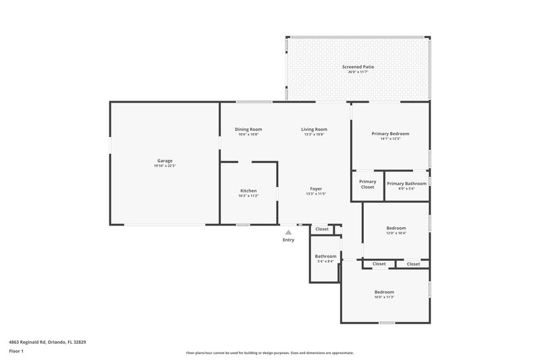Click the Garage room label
tap(165, 161)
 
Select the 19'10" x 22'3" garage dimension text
tap(165, 166)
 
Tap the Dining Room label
tap(248, 129)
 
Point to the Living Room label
tap(315, 129)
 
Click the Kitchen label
tap(248, 190)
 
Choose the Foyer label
tap(315, 188)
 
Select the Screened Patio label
tap(358, 67)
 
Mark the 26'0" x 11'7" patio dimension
tap(358, 72)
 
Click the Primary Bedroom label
tap(390, 134)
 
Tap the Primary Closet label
tap(367, 184)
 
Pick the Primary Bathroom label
tap(406, 183)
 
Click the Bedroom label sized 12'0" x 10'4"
tap(396, 228)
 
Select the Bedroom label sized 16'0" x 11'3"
tap(384, 292)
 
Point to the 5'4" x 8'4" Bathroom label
tap(325, 256)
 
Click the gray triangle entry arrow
tap(288, 232)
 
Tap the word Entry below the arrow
tap(288, 240)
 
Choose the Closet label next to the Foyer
tap(322, 229)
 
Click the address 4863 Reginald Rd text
tap(47, 342)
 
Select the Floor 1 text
tap(16, 351)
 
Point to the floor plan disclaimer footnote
tap(269, 353)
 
